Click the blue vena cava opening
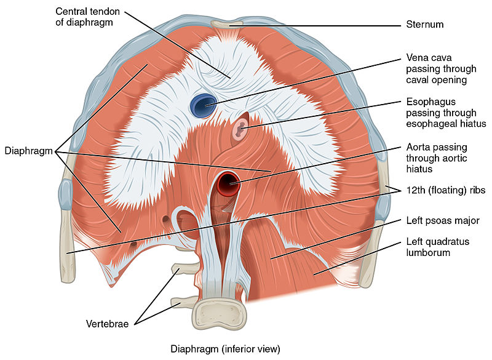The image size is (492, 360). point(201,105)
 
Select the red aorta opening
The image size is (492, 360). point(229,181)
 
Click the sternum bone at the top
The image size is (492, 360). point(228,25)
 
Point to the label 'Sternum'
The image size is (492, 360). point(424,25)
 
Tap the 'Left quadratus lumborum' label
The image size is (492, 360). point(437,247)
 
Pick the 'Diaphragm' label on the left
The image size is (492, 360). point(27,150)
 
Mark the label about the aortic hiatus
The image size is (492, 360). point(436,158)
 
